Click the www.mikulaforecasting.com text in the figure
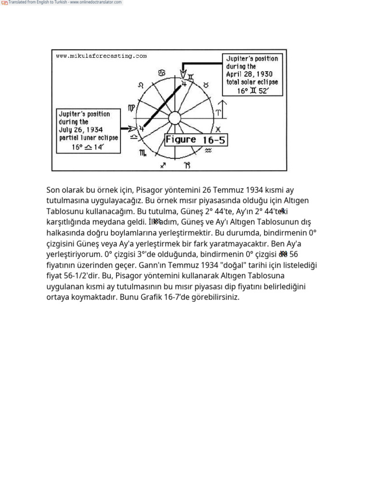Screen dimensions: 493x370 click(101, 56)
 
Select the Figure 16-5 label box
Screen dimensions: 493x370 click(196, 140)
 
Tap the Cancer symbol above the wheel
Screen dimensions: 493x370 click(161, 73)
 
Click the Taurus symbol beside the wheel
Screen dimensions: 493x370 click(206, 84)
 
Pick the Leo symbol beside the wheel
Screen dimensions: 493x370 click(141, 85)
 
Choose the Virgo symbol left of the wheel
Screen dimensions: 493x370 click(132, 108)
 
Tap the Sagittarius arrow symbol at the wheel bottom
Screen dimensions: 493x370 click(163, 165)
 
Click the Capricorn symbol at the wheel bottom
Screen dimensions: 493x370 click(187, 166)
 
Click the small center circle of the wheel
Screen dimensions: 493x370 click(174, 118)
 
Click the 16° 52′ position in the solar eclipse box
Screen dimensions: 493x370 click(253, 91)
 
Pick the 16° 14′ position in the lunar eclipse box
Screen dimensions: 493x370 click(88, 147)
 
